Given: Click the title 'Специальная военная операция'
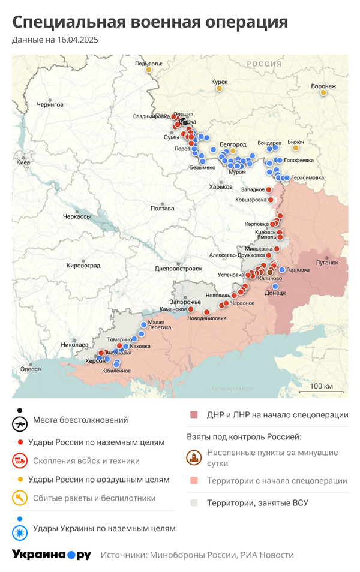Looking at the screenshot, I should pyautogui.click(x=150, y=22).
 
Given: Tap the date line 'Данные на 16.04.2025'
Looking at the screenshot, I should pyautogui.click(x=55, y=40).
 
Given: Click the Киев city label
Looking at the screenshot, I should pyautogui.click(x=23, y=162).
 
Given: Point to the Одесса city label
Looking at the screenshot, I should pyautogui.click(x=31, y=369).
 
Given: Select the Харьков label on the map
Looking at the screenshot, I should pyautogui.click(x=220, y=187).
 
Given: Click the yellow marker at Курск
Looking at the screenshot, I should pyautogui.click(x=220, y=89).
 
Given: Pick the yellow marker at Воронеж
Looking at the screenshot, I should pyautogui.click(x=323, y=92).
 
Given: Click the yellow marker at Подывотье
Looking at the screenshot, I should pyautogui.click(x=148, y=70).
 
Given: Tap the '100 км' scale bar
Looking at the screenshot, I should pyautogui.click(x=322, y=386).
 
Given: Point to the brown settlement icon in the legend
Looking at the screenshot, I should pyautogui.click(x=194, y=458).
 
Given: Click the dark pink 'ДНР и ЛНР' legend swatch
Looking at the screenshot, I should pyautogui.click(x=194, y=415).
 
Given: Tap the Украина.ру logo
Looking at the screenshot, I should pyautogui.click(x=52, y=555).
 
